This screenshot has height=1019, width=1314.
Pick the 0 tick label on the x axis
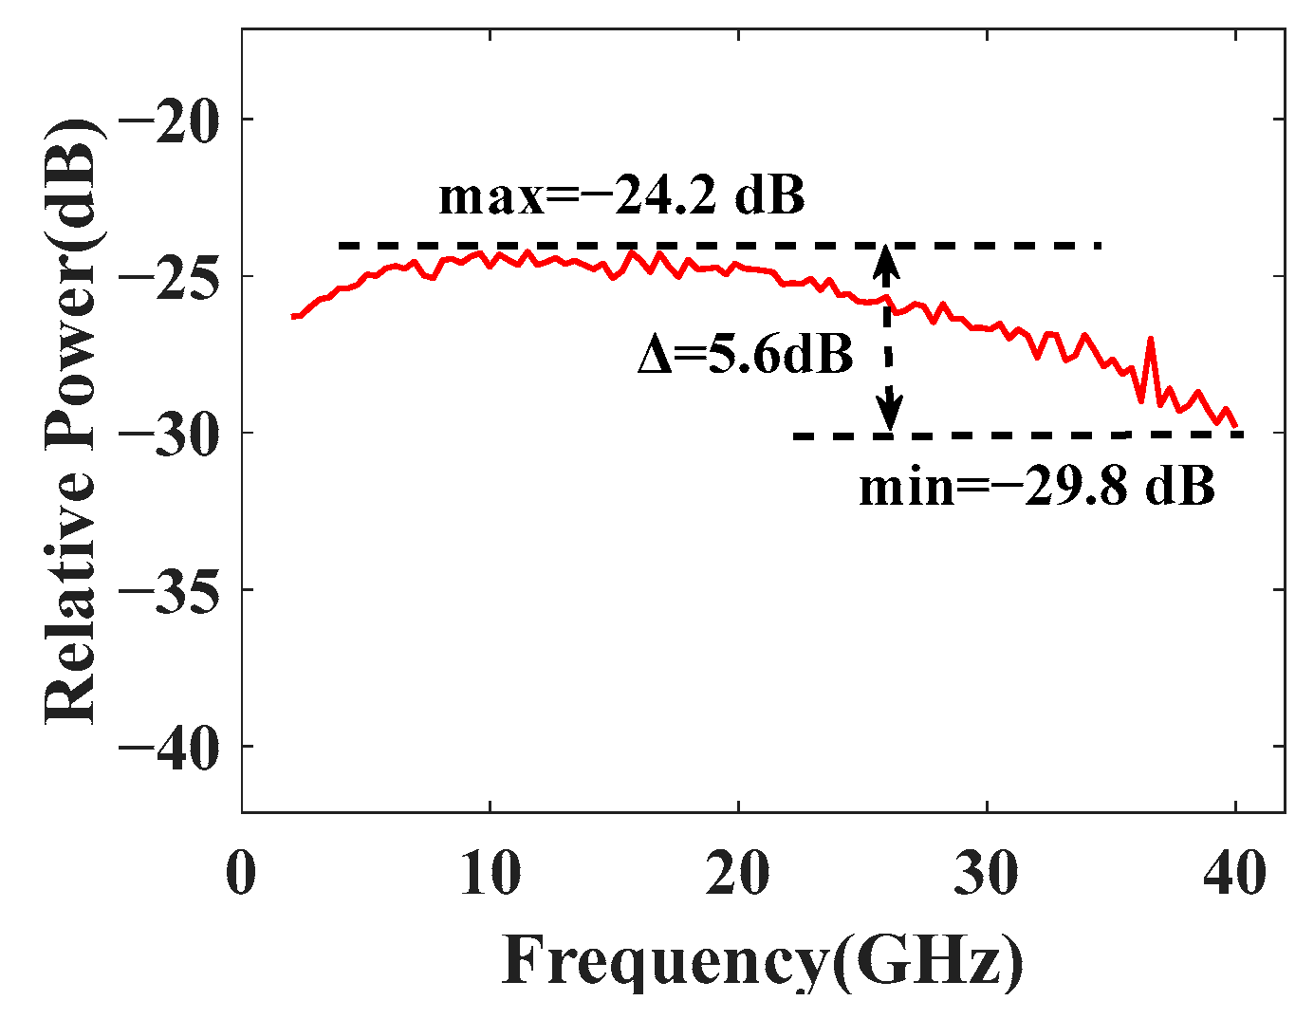[x=242, y=872]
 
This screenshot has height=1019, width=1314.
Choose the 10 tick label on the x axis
[x=490, y=872]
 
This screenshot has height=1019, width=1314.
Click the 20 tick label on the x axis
[x=738, y=872]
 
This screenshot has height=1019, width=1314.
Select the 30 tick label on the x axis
[x=987, y=872]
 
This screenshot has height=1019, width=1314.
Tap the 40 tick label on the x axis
[x=1235, y=872]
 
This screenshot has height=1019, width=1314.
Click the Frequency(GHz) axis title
[x=763, y=960]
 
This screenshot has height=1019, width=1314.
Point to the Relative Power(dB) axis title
[x=72, y=422]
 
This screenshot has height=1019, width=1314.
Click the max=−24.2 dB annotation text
[x=621, y=196]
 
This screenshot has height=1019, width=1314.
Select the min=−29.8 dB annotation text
[x=1036, y=488]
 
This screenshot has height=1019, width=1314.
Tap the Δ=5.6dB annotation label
[x=745, y=355]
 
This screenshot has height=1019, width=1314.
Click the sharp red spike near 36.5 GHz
[x=1151, y=339]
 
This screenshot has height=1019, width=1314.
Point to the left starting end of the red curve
[x=293, y=316]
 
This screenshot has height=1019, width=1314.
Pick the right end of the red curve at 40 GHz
[x=1235, y=427]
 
